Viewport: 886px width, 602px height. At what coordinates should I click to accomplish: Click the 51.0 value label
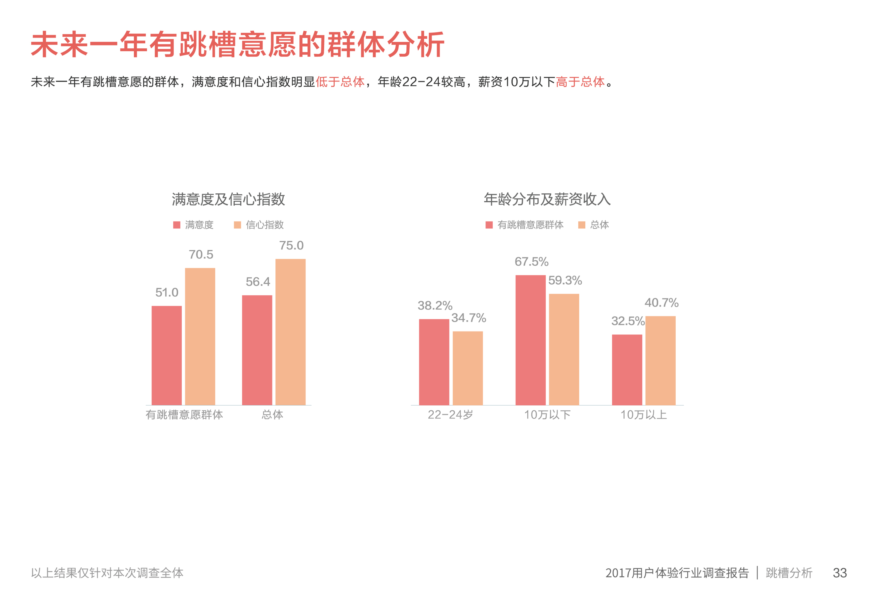tap(167, 293)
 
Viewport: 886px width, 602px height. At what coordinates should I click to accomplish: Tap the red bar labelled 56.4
tap(257, 350)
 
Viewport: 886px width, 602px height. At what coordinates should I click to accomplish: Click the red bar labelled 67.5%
tap(530, 340)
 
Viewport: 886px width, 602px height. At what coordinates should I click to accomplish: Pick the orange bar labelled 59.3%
tap(564, 349)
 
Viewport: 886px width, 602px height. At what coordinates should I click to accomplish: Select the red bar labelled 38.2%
tap(434, 362)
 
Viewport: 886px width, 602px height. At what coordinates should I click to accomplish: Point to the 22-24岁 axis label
tap(450, 415)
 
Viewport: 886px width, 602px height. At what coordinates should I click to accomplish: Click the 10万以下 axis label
tap(547, 415)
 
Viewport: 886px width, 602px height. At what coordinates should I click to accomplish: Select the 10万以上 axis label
tap(643, 415)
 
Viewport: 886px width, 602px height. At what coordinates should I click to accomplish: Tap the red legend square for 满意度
tap(176, 225)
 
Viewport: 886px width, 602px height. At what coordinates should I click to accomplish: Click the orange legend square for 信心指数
tap(237, 225)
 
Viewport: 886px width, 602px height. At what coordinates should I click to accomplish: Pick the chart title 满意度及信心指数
tap(228, 199)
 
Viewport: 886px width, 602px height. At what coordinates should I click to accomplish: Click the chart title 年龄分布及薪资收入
tap(547, 199)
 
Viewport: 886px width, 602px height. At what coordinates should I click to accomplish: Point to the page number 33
tap(839, 573)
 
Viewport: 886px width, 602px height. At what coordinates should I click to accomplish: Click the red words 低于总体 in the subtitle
tap(340, 81)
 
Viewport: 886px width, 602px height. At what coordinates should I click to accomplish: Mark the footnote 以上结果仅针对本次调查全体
tap(107, 573)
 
